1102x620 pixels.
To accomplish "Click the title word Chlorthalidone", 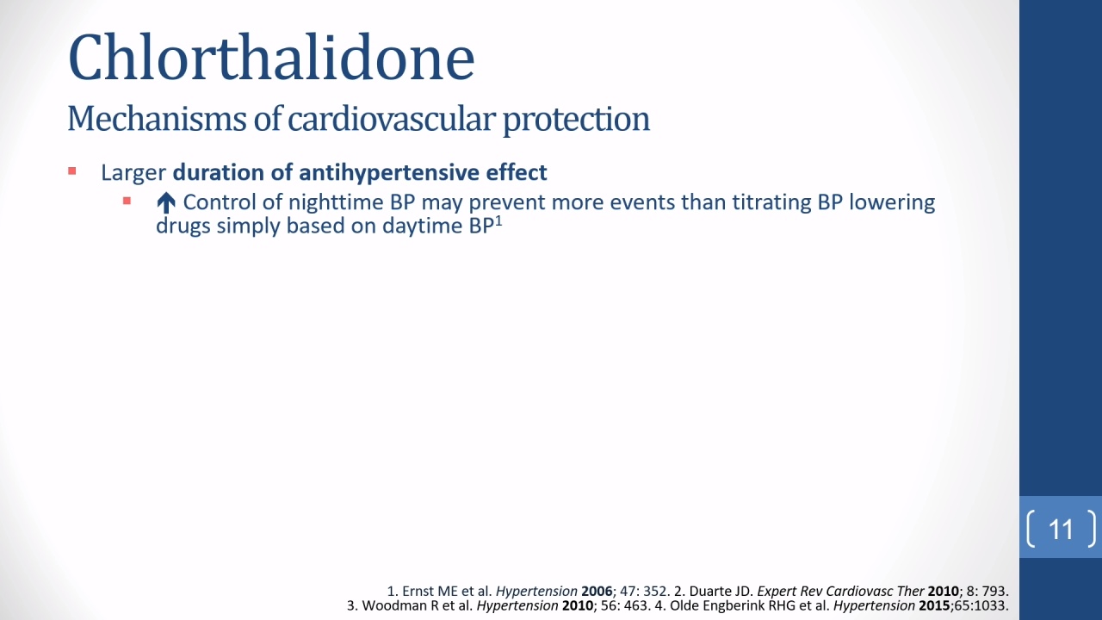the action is (x=271, y=57).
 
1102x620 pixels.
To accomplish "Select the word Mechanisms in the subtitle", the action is (x=157, y=119).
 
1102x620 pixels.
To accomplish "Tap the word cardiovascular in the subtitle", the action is (x=391, y=119).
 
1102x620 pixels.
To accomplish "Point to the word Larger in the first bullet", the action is (x=133, y=173).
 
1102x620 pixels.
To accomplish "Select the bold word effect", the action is (x=517, y=172).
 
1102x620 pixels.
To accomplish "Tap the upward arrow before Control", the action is (x=166, y=203).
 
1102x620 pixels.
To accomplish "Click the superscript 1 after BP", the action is (x=498, y=221).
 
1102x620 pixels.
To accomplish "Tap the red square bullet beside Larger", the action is (x=71, y=171).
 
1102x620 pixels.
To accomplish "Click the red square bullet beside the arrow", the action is (x=127, y=201).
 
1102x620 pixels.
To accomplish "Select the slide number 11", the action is (x=1061, y=530).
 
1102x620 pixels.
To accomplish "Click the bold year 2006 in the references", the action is (x=597, y=591).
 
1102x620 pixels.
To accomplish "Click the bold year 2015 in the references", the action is (x=934, y=605).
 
